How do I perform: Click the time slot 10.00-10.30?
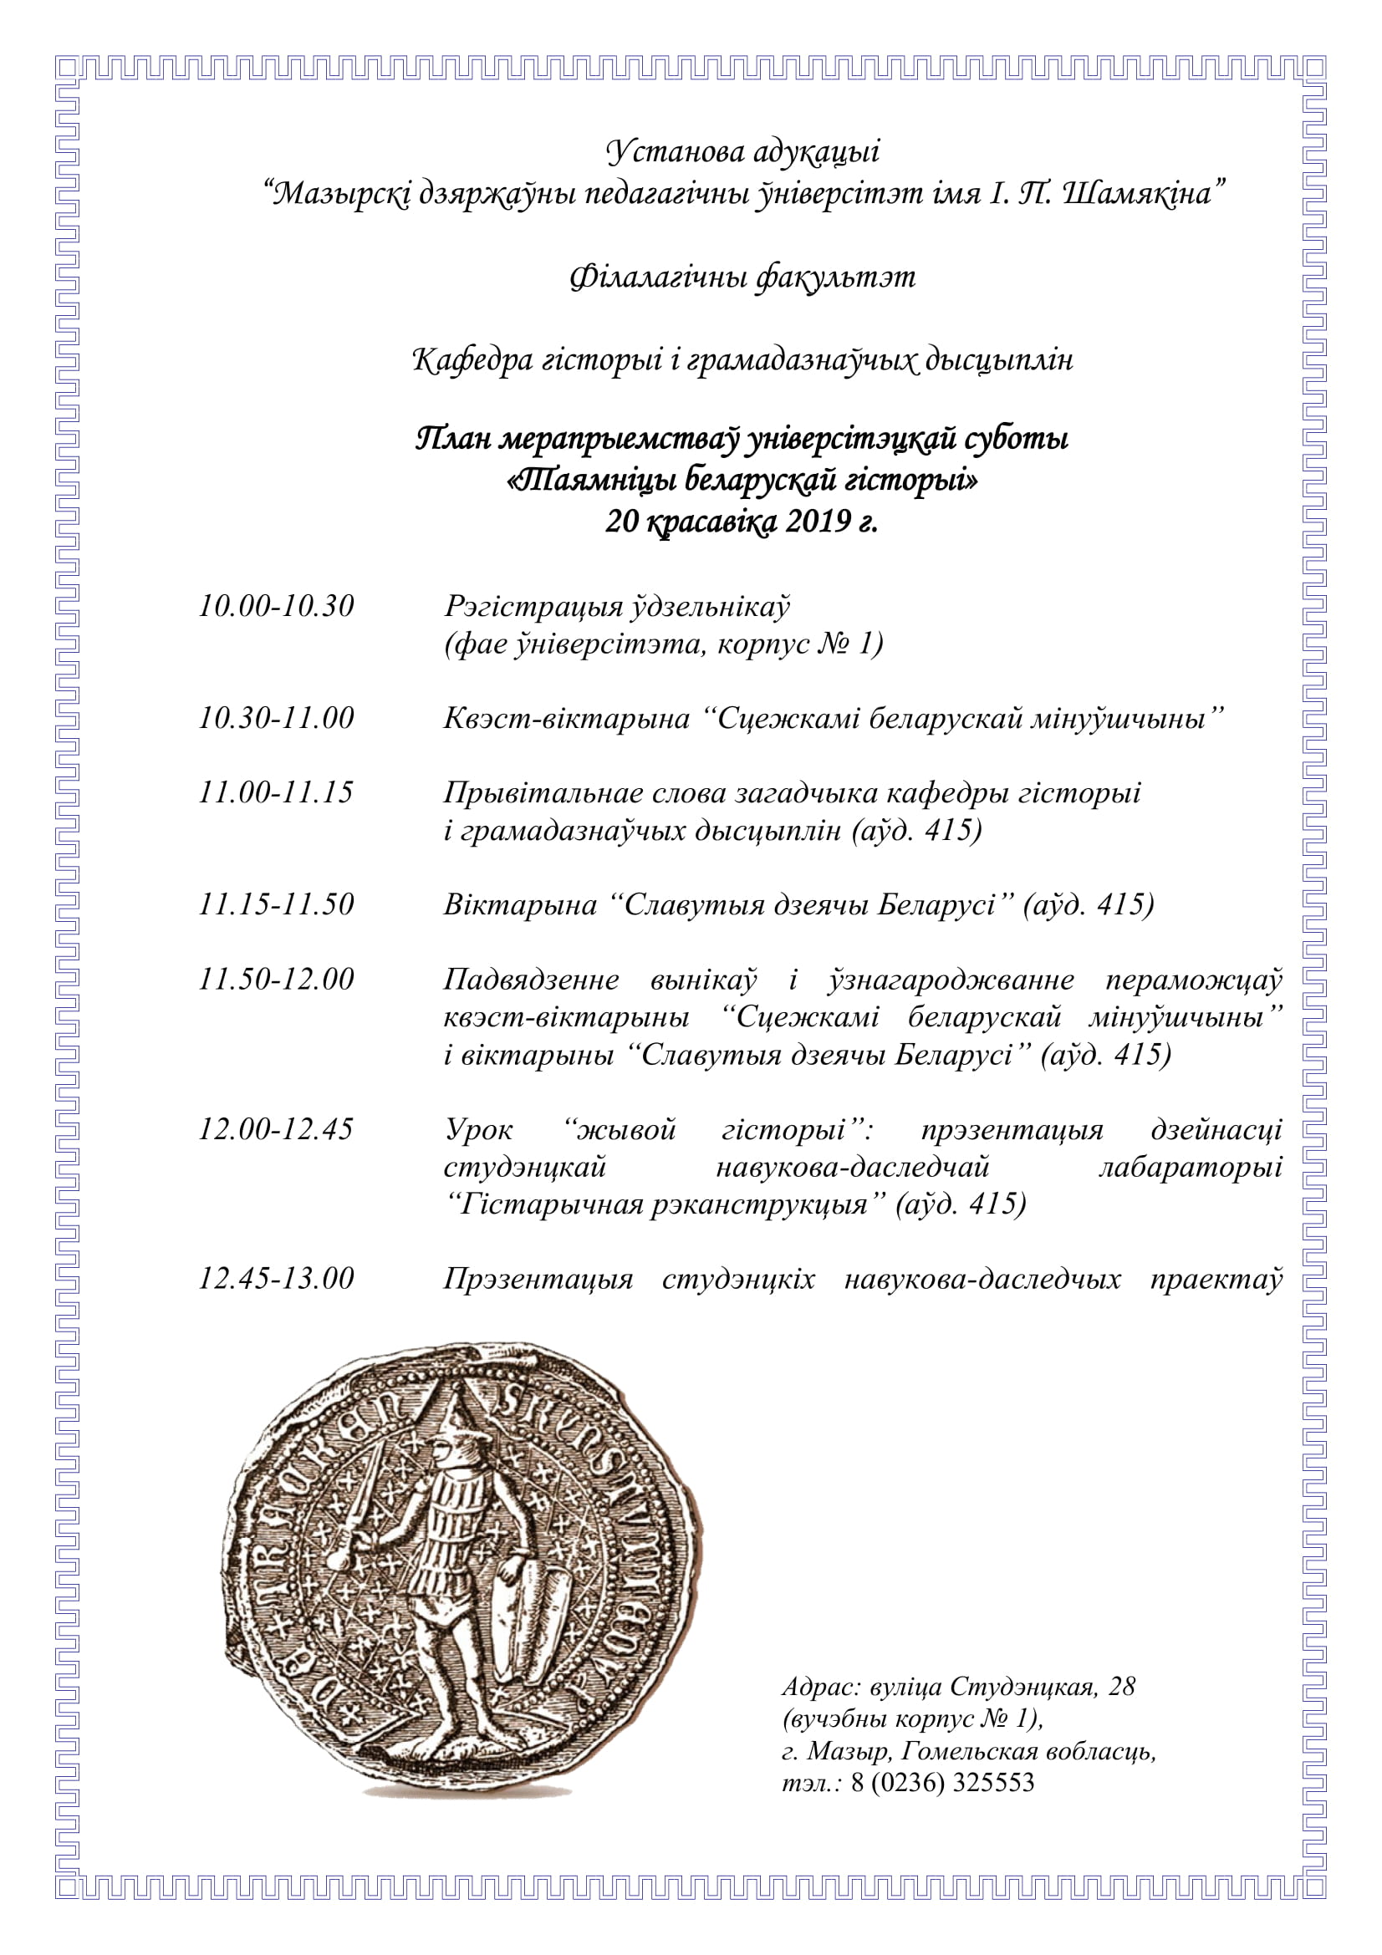276,606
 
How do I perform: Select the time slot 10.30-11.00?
276,718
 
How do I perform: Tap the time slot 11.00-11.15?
276,792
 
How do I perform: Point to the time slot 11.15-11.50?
276,904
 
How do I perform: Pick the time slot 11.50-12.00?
276,980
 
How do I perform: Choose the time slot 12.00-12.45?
276,1129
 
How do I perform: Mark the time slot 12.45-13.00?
276,1278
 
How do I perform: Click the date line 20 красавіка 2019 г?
741,521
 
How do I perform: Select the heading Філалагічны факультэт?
742,277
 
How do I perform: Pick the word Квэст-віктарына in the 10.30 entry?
566,719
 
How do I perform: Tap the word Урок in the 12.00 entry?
478,1130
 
